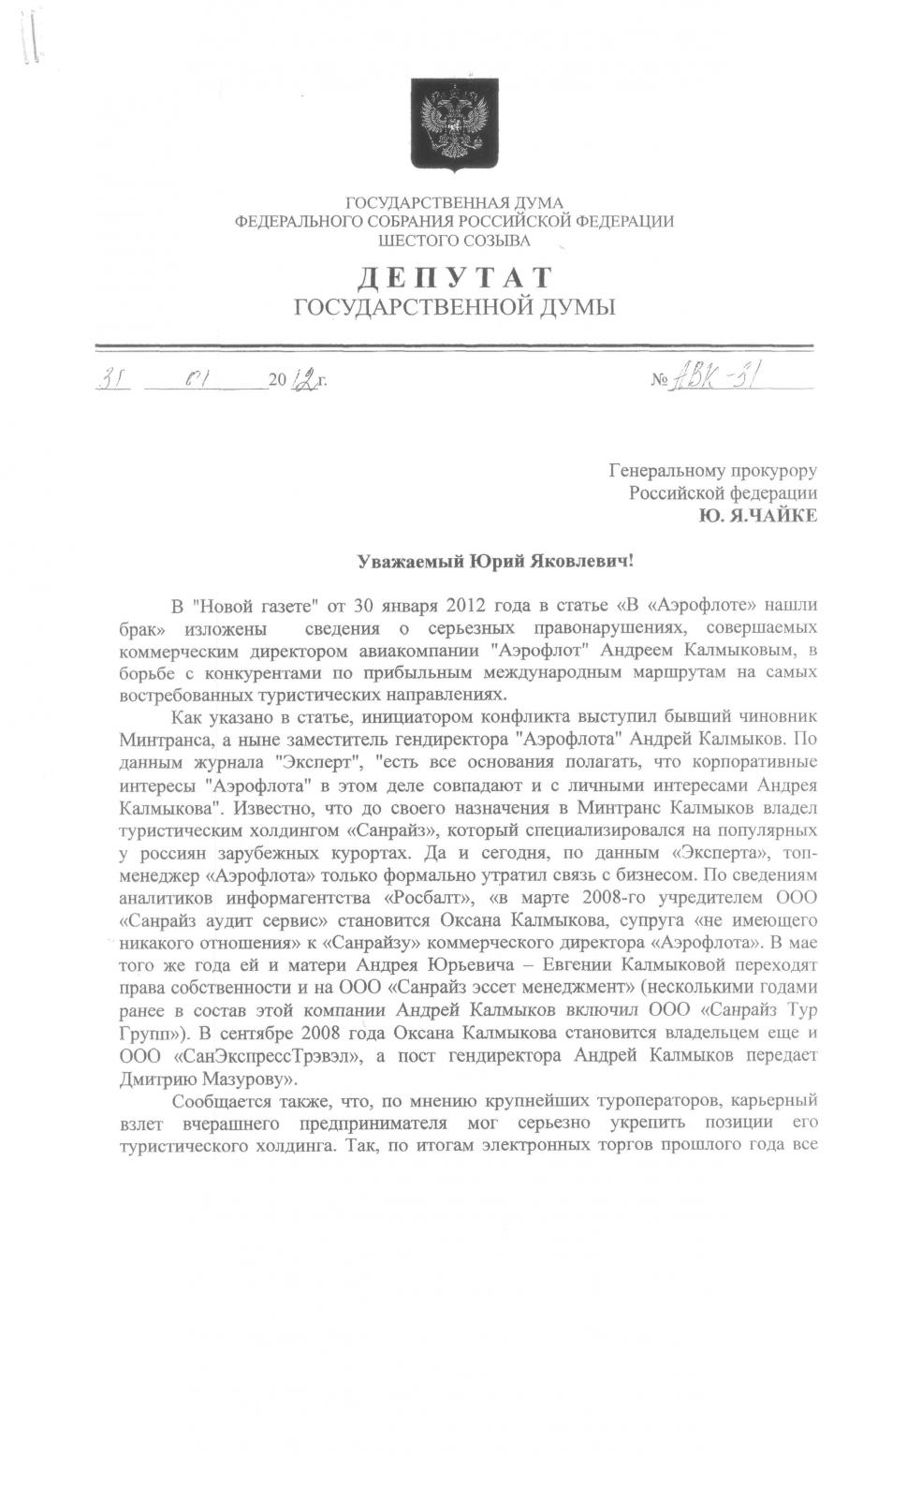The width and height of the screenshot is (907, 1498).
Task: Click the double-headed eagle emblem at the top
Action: tap(453, 127)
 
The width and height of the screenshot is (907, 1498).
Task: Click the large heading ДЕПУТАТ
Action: tap(456, 278)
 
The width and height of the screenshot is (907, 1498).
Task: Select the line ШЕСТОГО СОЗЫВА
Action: tap(454, 241)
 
